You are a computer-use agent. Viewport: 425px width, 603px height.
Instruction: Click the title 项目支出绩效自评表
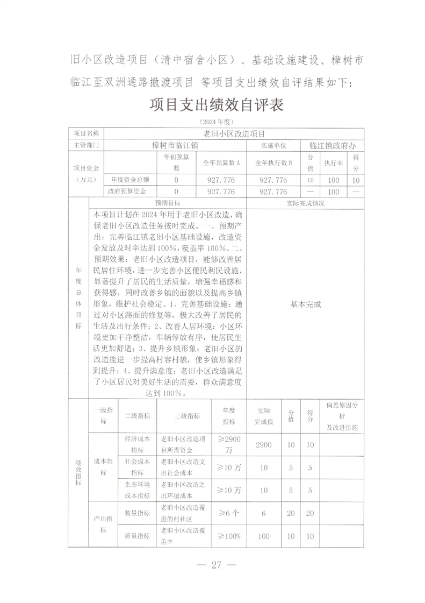point(217,105)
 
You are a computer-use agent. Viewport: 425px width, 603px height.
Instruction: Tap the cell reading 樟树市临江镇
point(175,145)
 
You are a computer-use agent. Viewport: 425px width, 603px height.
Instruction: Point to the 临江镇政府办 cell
point(333,145)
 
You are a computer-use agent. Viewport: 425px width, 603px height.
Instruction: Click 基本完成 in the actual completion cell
point(305,304)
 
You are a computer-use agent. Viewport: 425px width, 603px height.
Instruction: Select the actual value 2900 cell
point(264,445)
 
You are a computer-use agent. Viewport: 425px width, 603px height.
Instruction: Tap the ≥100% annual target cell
point(229,536)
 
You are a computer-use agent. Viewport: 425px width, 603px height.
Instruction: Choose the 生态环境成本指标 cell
point(137,490)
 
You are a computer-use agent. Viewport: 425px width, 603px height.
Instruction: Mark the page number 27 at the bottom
point(217,565)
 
